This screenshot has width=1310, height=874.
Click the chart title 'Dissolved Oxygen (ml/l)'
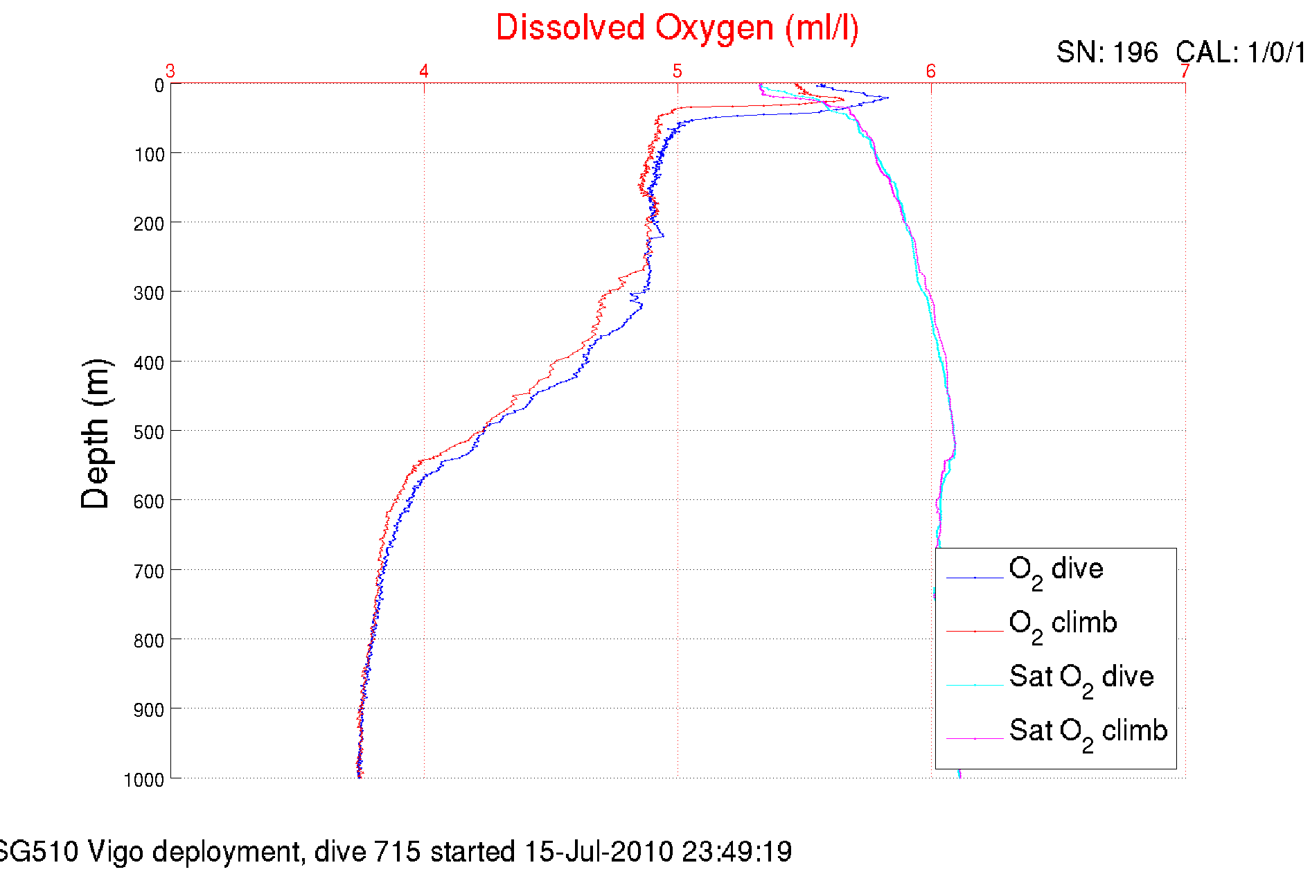(x=677, y=29)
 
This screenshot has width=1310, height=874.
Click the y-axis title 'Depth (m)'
(x=96, y=434)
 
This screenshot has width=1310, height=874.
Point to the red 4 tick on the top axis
(x=424, y=71)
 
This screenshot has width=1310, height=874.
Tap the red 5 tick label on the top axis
(x=677, y=71)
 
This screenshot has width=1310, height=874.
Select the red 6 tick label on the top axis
(x=930, y=71)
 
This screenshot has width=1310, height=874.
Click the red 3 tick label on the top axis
(x=170, y=71)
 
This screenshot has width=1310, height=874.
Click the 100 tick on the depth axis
(x=150, y=154)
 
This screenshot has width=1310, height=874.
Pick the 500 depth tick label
(x=150, y=432)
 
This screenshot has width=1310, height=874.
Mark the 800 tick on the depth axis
(x=150, y=641)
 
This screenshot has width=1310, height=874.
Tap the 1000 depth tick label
(x=144, y=780)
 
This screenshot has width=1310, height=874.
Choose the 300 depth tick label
(x=150, y=293)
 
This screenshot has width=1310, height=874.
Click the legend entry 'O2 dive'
(x=1056, y=570)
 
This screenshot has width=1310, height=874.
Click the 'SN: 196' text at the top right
(x=1106, y=53)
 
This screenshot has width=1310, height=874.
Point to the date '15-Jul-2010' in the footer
(x=599, y=852)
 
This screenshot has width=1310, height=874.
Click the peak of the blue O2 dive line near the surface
(x=887, y=98)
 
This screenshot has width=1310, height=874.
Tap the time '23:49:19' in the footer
(x=736, y=852)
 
